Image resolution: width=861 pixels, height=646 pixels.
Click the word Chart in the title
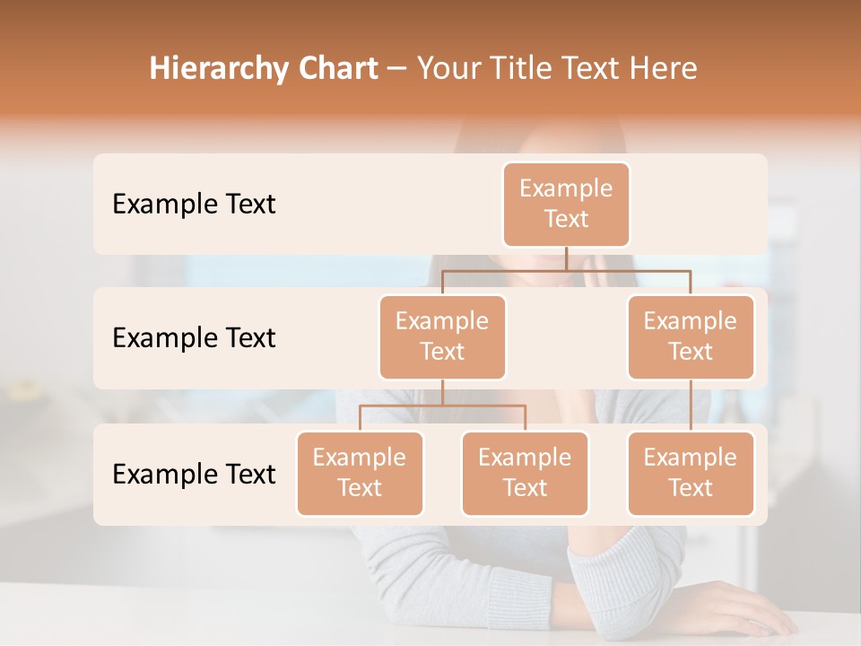pos(337,68)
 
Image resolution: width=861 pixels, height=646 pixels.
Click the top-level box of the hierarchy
pos(566,205)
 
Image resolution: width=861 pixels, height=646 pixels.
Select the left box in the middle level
pos(442,337)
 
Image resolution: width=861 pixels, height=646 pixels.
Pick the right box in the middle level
pos(691,337)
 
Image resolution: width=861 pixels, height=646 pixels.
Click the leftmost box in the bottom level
pos(360,474)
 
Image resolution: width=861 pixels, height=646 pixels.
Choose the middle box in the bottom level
pos(525,474)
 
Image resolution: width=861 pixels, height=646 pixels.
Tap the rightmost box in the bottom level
pos(691,474)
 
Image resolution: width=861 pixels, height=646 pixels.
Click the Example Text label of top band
pos(194,205)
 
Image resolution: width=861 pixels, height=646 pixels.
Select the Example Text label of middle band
pos(194,338)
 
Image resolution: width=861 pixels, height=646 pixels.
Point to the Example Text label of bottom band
pos(194,474)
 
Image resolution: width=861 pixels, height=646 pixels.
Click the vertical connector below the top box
pos(566,258)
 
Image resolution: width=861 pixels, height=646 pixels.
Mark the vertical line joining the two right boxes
pos(691,406)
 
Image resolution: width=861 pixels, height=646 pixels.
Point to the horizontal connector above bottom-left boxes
pos(442,406)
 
